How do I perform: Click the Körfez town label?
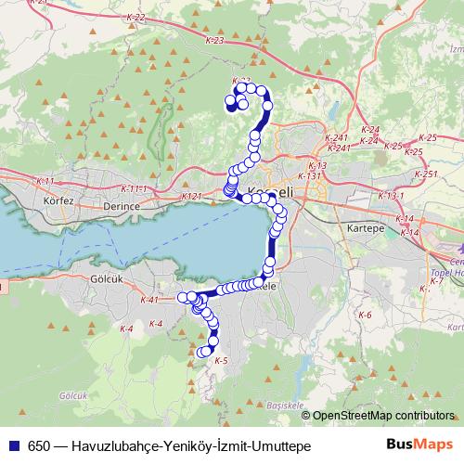point(58,200)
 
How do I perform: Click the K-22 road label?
point(134,18)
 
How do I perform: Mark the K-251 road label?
point(426,174)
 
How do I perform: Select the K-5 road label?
point(220,360)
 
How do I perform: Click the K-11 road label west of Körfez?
point(44,180)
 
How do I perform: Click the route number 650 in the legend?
point(38,445)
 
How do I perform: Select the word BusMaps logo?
point(419,444)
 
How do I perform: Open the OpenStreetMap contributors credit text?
point(382,416)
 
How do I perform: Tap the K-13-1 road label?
point(393,196)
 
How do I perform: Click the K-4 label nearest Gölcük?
point(127,329)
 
